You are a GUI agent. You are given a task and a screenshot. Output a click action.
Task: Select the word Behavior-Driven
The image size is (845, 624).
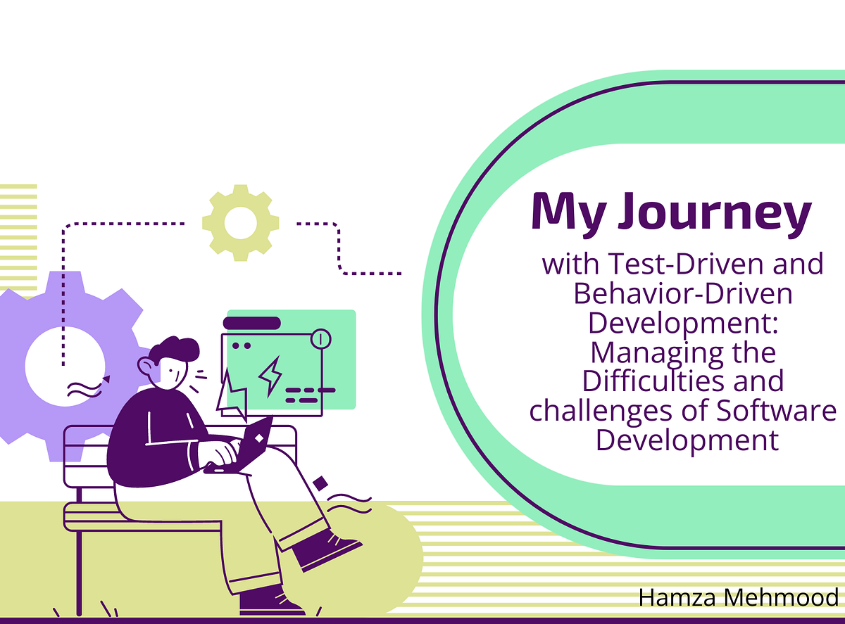tap(683, 293)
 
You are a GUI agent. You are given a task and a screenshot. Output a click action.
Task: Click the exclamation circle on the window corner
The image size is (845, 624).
tap(320, 339)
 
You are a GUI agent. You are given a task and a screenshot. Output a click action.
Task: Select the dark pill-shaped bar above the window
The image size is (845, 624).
tap(251, 323)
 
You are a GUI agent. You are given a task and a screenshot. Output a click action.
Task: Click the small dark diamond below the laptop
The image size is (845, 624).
tap(320, 483)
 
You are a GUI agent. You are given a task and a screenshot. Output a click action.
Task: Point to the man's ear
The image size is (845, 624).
tap(146, 366)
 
